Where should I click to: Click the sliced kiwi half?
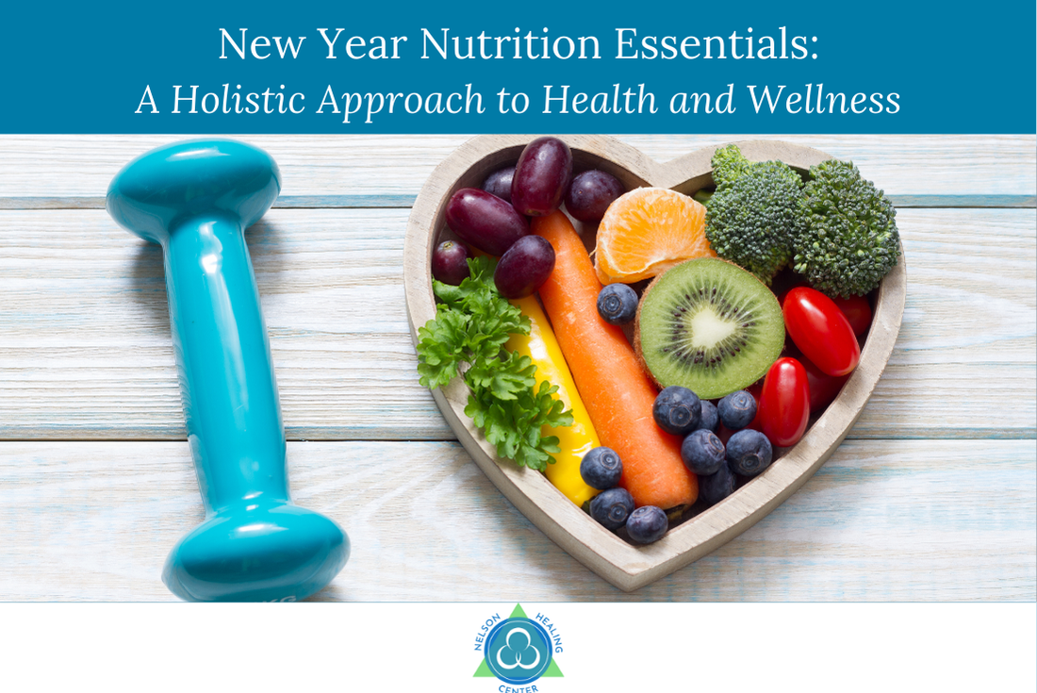711,326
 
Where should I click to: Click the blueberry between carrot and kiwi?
617,303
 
